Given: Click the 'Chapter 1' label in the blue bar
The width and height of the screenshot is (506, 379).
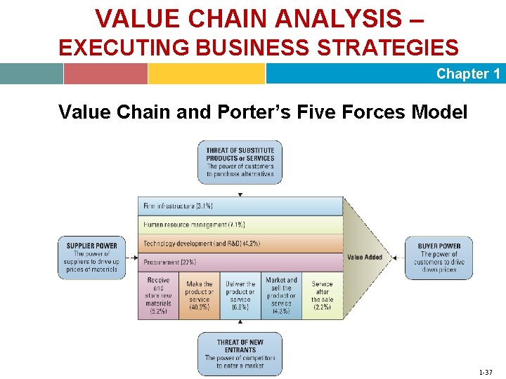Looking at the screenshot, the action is pyautogui.click(x=467, y=74).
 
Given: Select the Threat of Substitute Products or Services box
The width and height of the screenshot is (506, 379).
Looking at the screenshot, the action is pyautogui.click(x=240, y=162).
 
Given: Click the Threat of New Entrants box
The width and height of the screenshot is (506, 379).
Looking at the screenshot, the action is pyautogui.click(x=240, y=354).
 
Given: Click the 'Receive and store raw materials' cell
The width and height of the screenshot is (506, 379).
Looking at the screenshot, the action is pyautogui.click(x=158, y=295).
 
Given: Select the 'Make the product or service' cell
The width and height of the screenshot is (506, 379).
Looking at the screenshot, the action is pyautogui.click(x=199, y=295).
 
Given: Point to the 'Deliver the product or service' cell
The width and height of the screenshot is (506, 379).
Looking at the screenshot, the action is pyautogui.click(x=240, y=295).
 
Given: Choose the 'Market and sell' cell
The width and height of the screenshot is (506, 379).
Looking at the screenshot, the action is pyautogui.click(x=281, y=295).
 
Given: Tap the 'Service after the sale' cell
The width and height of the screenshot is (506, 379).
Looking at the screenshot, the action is pyautogui.click(x=323, y=295).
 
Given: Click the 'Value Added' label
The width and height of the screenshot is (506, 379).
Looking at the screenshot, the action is pyautogui.click(x=365, y=257).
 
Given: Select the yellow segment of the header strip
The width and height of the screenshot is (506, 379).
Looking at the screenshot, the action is pyautogui.click(x=207, y=74).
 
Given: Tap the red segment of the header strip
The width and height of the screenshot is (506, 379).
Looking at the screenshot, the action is pyautogui.click(x=105, y=74).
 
